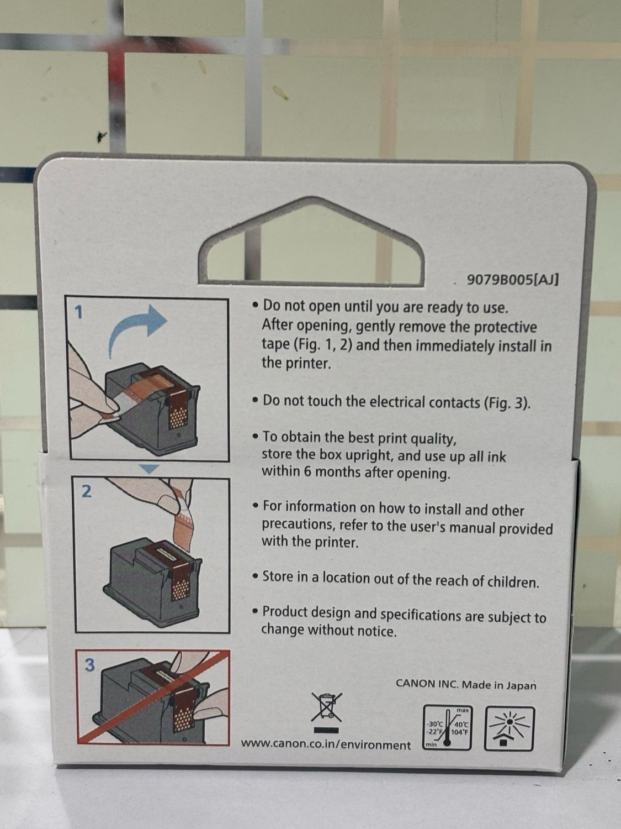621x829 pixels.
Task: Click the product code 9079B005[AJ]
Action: coord(513,280)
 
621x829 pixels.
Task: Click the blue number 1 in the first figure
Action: coord(79,312)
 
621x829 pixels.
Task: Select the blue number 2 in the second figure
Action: coord(86,491)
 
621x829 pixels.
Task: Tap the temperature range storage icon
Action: coord(447,727)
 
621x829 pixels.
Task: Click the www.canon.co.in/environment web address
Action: coord(326,744)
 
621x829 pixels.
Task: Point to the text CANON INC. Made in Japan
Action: coord(466,684)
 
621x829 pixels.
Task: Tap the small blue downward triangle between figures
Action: coord(149,468)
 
